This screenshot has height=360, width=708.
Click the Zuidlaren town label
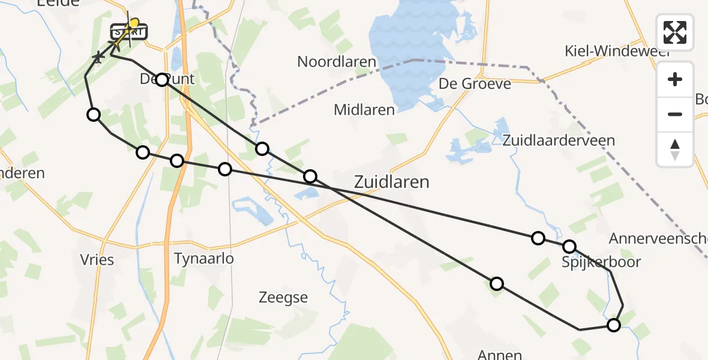point(392,182)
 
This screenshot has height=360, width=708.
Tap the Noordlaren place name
point(337,62)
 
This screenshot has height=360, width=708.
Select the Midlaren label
point(364,110)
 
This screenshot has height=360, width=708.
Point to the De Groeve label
point(475,83)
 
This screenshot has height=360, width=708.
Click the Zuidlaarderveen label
point(559,140)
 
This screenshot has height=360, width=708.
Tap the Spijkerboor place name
point(601,262)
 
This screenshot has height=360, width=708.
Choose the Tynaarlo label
point(203,259)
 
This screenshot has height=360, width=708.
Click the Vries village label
point(97,260)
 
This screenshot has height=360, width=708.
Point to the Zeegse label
point(283,297)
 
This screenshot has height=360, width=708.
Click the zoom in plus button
point(675,79)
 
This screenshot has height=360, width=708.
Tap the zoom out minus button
point(675,114)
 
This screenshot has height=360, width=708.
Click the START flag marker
point(128,31)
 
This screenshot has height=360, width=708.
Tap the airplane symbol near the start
point(98,58)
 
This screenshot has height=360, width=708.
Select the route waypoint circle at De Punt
point(162,80)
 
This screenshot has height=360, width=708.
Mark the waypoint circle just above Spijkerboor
point(569,247)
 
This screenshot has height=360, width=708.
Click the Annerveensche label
point(658,239)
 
